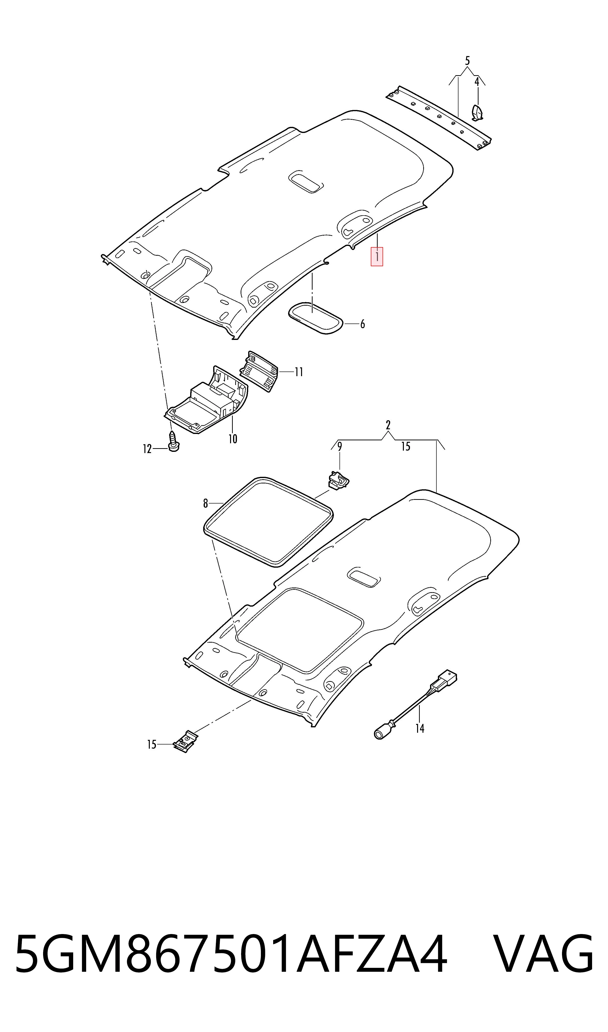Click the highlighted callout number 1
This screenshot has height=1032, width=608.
pyautogui.click(x=376, y=257)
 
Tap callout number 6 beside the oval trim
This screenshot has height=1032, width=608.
pyautogui.click(x=362, y=324)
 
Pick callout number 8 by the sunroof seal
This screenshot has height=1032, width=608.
pyautogui.click(x=206, y=503)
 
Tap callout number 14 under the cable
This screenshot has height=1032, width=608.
pyautogui.click(x=420, y=728)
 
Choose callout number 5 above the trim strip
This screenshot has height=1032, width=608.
pyautogui.click(x=467, y=61)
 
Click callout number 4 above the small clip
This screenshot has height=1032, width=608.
pyautogui.click(x=477, y=82)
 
